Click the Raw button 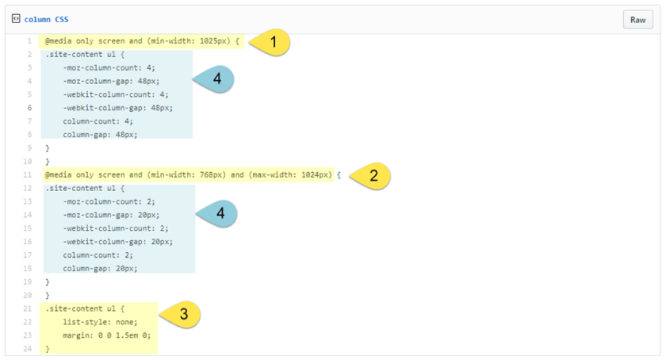[x=638, y=20]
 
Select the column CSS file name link [x=46, y=19]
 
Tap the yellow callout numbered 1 [x=270, y=42]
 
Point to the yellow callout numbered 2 [x=369, y=175]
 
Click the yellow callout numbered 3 [x=180, y=315]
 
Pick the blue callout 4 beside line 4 [x=213, y=79]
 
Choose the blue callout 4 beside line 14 [x=216, y=213]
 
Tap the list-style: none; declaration [x=100, y=322]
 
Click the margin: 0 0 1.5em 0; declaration [x=106, y=335]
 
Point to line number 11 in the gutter [x=28, y=174]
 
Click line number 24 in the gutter [x=28, y=349]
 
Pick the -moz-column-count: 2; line [x=109, y=201]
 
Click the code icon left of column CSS [x=16, y=18]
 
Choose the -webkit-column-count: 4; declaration [x=116, y=94]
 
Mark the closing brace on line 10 [x=48, y=162]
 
